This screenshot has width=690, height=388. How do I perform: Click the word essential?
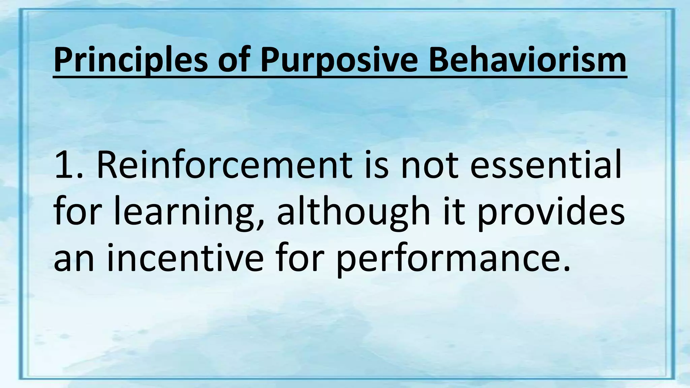pos(546,166)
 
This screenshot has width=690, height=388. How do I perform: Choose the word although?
pos(354,212)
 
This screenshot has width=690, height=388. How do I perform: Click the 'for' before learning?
pos(79,212)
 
